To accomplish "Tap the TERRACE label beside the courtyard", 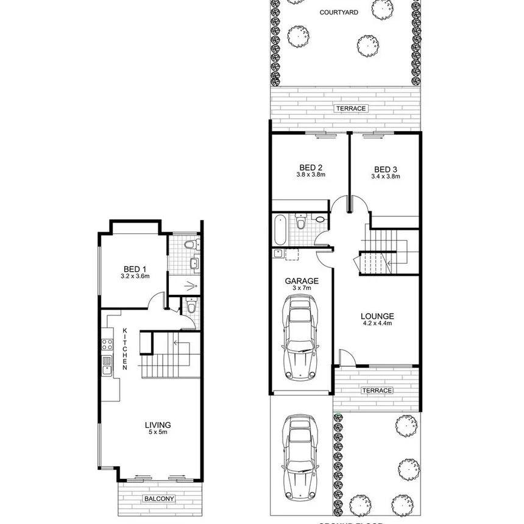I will coord(350,108).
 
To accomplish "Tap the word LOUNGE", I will coord(377,316).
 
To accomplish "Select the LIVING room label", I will coord(157,425).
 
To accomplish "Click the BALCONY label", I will coord(159,499).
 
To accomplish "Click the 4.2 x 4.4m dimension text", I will coord(377,325).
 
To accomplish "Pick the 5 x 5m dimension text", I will coord(157,433).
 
